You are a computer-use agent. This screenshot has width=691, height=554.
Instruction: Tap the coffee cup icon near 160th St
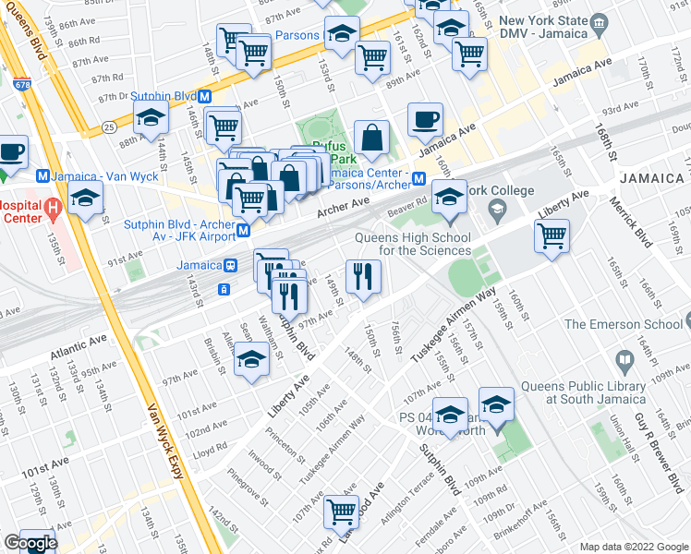coord(425,119)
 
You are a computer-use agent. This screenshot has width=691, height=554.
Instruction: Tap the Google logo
coord(30,543)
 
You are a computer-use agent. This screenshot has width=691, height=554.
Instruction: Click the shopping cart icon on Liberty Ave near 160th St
coord(552,235)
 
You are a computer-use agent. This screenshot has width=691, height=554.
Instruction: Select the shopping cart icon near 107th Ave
coord(342,510)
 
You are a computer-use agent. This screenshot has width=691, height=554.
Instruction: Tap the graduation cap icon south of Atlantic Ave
coord(249,360)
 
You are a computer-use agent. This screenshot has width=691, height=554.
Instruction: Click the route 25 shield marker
coord(109,126)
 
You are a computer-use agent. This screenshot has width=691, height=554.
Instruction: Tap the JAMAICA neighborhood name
coord(651,177)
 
